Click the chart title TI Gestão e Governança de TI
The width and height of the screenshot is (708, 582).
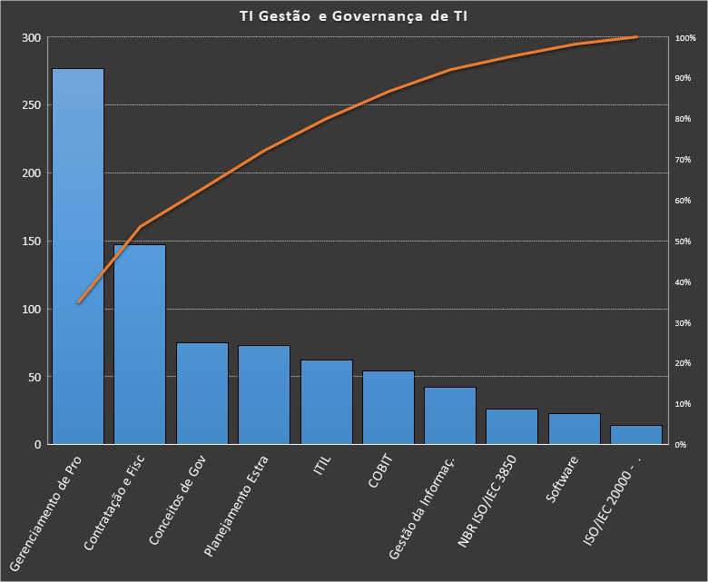click(x=354, y=15)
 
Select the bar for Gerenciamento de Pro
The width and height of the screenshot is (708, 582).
click(x=77, y=256)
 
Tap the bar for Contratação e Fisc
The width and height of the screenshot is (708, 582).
click(x=140, y=344)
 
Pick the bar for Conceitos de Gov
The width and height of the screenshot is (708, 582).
click(x=202, y=393)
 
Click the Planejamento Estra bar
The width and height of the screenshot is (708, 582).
click(x=264, y=395)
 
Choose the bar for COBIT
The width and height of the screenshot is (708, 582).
click(x=388, y=408)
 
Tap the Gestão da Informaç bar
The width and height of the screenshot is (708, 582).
click(x=450, y=416)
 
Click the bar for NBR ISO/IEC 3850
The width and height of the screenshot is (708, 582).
click(x=512, y=427)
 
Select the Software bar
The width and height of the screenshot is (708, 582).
click(x=575, y=429)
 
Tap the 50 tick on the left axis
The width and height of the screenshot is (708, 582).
click(x=35, y=377)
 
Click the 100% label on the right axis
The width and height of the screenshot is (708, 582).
click(x=685, y=38)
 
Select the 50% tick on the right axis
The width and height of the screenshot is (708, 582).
click(x=683, y=242)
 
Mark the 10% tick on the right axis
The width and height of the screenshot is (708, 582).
click(x=683, y=404)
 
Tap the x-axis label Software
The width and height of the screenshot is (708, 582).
click(x=563, y=478)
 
